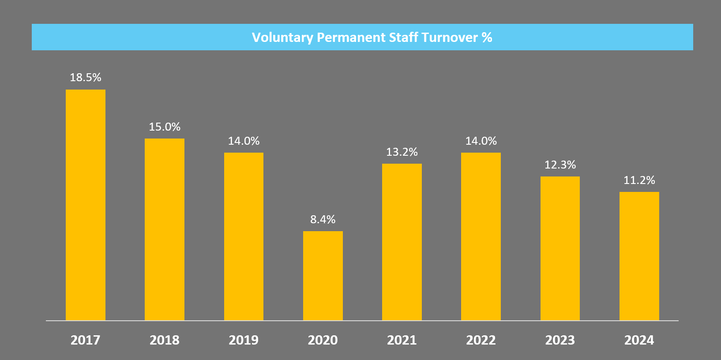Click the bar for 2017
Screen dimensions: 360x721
(x=86, y=205)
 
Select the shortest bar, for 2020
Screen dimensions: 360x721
(x=323, y=276)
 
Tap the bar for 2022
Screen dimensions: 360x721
(x=481, y=236)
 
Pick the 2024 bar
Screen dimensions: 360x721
(x=639, y=256)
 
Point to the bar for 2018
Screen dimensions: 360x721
(x=165, y=229)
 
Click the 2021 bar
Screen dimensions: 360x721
(x=402, y=242)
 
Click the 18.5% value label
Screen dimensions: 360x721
(x=86, y=78)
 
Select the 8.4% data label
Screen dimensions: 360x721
(x=323, y=220)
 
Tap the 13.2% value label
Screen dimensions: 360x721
(x=402, y=152)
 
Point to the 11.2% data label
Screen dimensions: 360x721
(x=639, y=180)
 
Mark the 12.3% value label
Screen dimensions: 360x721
(x=560, y=165)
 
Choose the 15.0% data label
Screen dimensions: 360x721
(x=165, y=127)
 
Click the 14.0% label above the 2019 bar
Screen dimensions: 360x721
(x=244, y=141)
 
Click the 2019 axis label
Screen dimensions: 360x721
(x=244, y=340)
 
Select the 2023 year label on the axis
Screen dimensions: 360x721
(x=560, y=340)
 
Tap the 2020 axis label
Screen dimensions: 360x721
(x=323, y=340)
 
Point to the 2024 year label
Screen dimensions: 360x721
(x=639, y=340)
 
